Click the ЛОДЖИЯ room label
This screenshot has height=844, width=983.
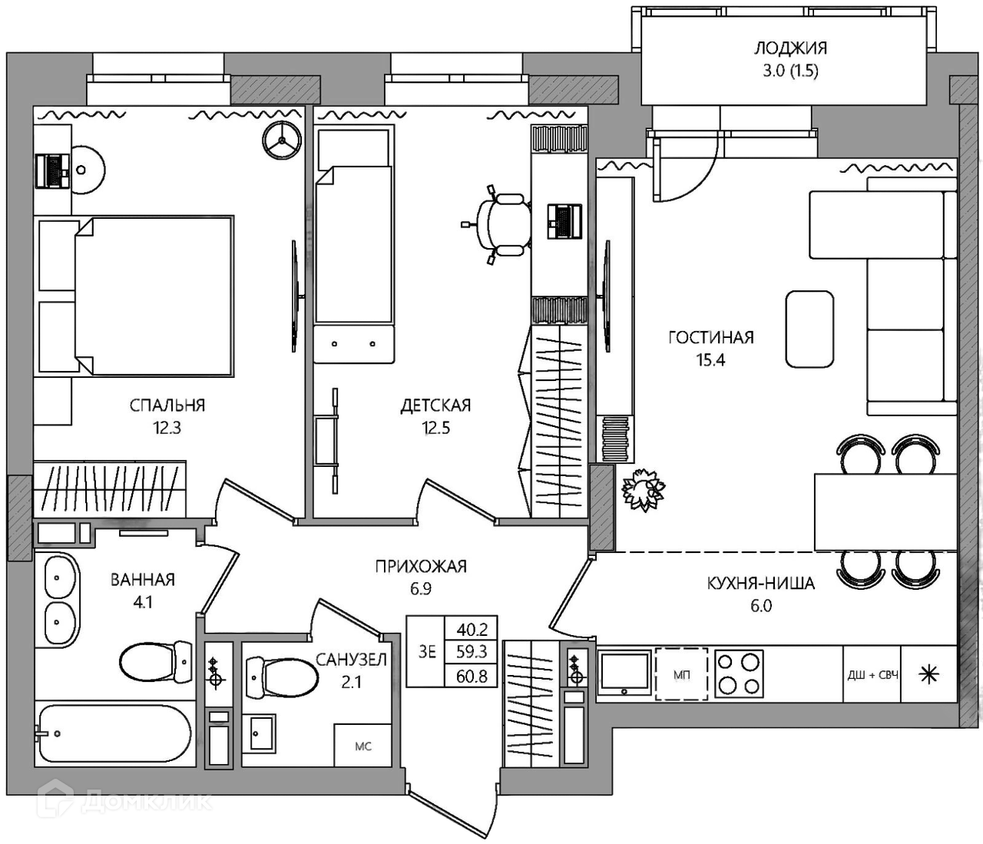pos(791,48)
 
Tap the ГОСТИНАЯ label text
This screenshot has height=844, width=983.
pos(711,338)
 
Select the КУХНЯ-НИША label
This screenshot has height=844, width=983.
pos(761,583)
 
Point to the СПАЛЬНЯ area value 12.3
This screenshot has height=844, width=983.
pos(167,429)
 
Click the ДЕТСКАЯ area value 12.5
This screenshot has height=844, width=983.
pos(435,429)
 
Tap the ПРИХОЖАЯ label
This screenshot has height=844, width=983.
pos(421,566)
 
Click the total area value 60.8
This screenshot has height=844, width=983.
pos(472,676)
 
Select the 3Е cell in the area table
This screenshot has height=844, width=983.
pos(427,652)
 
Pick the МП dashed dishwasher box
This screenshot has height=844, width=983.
pos(681,674)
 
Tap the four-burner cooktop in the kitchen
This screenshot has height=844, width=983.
pos(739,674)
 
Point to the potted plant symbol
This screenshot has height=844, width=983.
pos(644,489)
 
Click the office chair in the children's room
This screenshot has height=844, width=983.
pos(498,224)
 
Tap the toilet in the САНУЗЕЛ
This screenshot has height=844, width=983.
pos(283,677)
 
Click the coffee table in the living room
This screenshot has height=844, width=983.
pos(809,329)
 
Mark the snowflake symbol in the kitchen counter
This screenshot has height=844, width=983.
pos(928,675)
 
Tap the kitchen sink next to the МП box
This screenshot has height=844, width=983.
pos(625,674)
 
